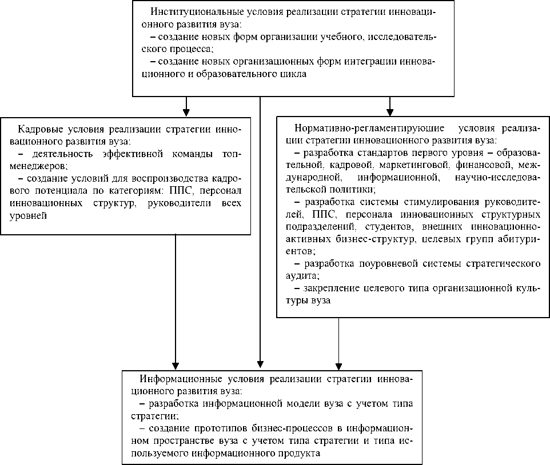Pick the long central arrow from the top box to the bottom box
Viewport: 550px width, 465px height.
click(x=260, y=229)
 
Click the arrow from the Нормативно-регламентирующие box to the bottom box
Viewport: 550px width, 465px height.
click(x=339, y=343)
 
